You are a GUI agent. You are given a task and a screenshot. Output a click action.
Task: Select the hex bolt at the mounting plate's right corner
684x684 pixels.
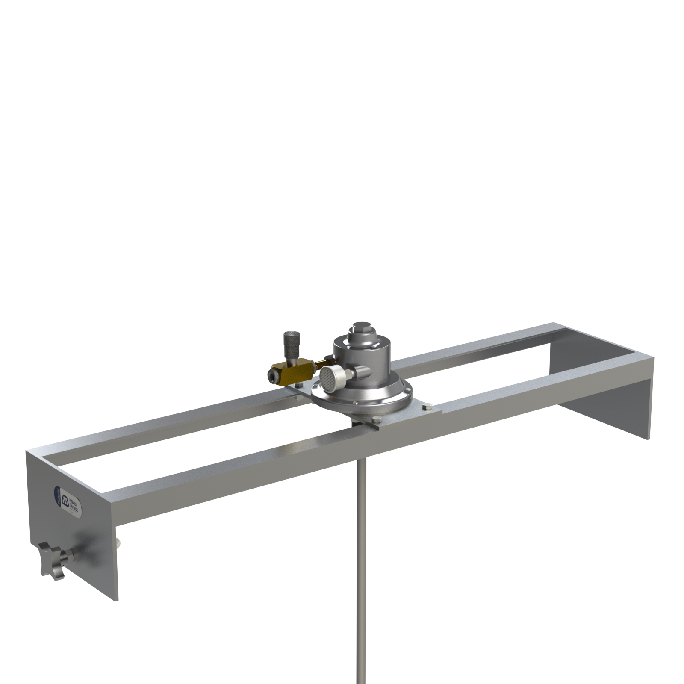(x=427, y=407)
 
